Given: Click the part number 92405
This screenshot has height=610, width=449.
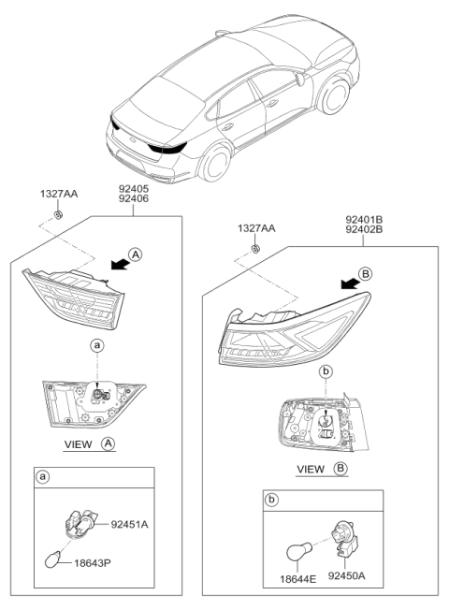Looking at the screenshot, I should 132,187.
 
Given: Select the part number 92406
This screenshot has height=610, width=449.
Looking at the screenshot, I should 132,198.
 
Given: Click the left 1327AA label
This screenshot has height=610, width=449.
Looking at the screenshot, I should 59,195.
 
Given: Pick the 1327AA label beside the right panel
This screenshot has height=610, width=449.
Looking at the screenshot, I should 255,227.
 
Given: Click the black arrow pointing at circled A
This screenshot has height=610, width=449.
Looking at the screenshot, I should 115,266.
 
